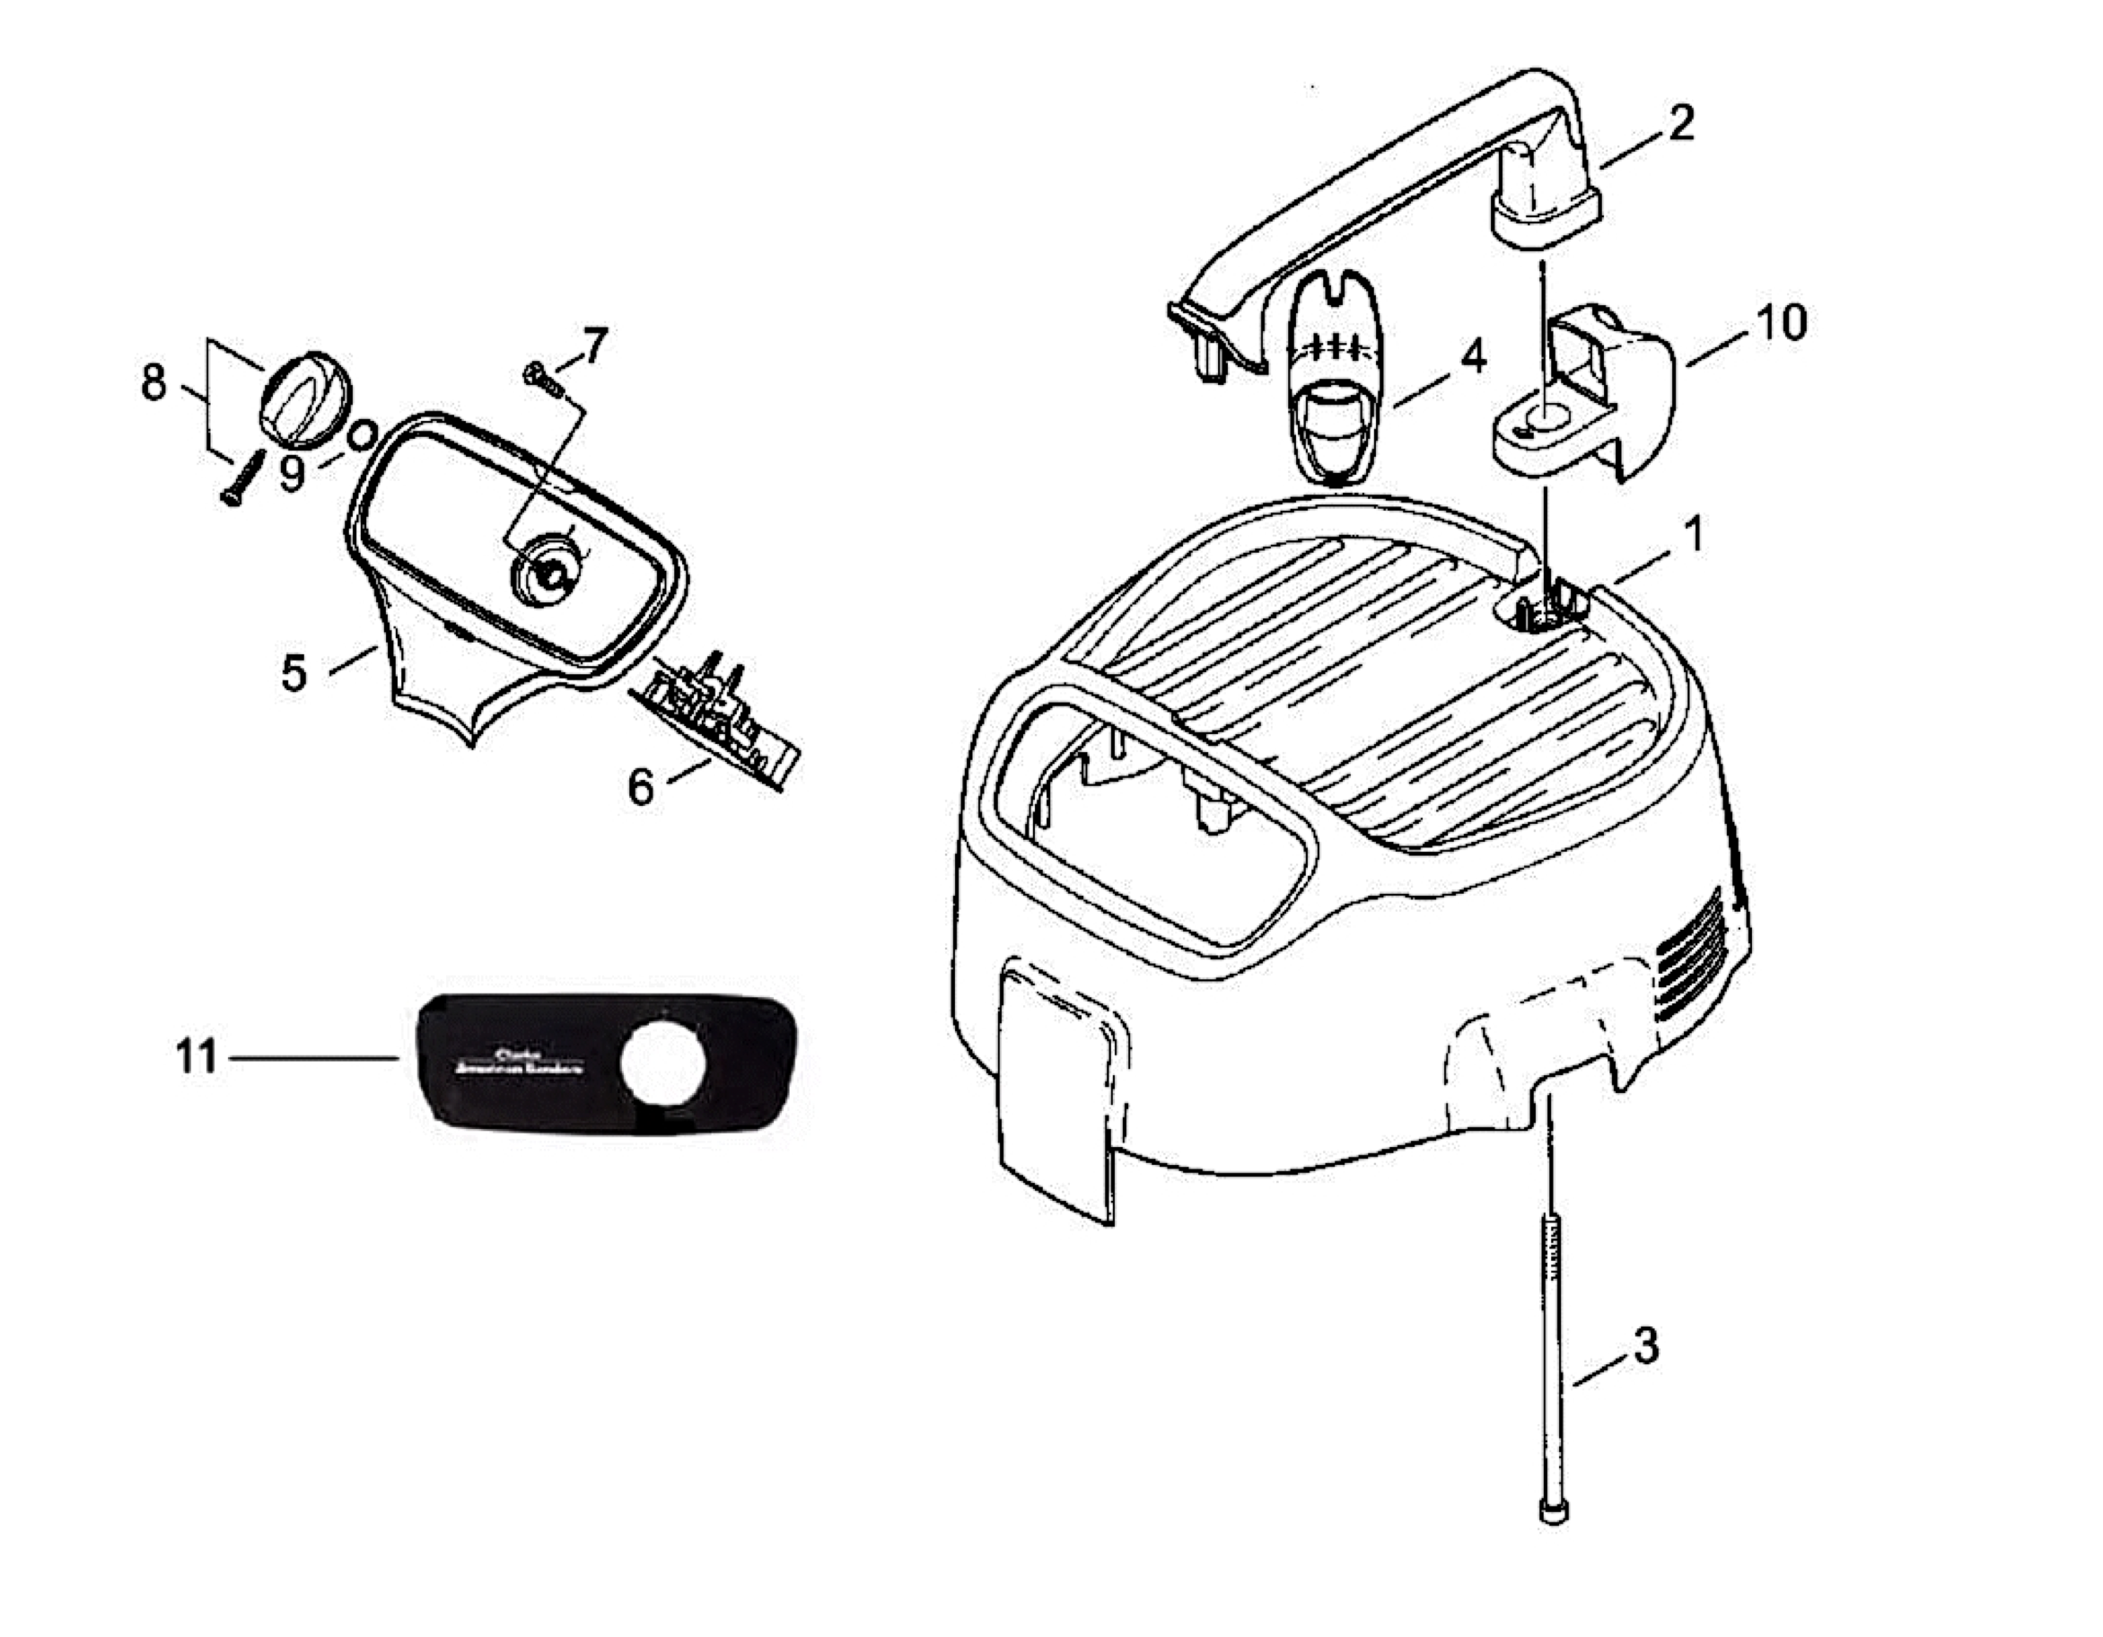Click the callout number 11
coord(197,1058)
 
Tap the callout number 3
coord(1646,1346)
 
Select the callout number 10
coord(1782,325)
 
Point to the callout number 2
coord(1681,123)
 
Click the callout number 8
coord(154,383)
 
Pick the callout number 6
coord(640,787)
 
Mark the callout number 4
coord(1473,358)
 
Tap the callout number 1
coord(1693,534)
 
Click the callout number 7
coord(594,345)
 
